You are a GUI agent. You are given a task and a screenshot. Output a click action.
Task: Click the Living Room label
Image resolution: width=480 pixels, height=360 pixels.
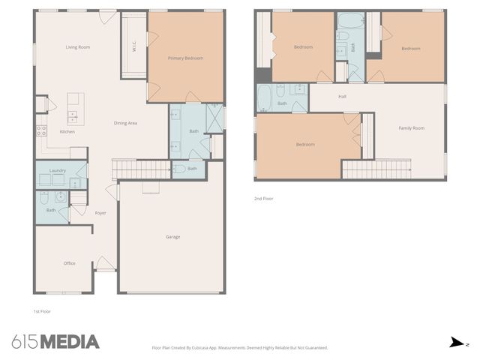[x=78, y=47]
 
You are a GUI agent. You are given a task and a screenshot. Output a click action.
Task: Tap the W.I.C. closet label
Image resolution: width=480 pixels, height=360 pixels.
[x=133, y=46]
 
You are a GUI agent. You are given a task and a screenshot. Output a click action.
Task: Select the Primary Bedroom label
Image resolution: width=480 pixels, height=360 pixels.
[x=185, y=58]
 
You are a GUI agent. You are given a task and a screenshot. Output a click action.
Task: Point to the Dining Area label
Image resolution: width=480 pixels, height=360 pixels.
[x=125, y=123]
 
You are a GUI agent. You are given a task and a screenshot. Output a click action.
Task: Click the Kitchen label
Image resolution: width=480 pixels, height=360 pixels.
[x=67, y=132]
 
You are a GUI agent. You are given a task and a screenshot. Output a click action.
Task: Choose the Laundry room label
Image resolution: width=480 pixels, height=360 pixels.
[x=58, y=171]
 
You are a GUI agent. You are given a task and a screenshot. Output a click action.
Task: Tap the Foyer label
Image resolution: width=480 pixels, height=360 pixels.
[x=100, y=213]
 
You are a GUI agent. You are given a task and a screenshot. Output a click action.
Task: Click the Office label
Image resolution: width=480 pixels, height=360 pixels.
[x=69, y=263]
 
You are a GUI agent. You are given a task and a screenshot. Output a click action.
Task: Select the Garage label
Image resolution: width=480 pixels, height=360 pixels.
[x=173, y=237]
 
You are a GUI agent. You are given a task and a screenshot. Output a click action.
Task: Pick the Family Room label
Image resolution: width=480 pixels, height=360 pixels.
[x=412, y=128]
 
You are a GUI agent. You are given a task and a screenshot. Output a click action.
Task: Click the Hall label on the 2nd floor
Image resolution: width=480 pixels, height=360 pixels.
[x=342, y=97]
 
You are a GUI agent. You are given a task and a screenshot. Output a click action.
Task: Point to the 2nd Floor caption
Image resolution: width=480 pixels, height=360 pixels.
[x=264, y=199]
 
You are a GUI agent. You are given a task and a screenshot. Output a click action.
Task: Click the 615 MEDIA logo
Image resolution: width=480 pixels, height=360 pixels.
[x=56, y=342]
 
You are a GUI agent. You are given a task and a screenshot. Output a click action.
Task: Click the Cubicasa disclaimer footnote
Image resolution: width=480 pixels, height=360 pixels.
[x=240, y=347]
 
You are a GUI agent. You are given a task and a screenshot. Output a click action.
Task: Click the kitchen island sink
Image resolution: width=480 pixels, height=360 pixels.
[x=73, y=115]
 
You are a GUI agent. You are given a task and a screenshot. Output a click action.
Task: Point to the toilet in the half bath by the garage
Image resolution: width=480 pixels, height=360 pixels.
[x=179, y=169]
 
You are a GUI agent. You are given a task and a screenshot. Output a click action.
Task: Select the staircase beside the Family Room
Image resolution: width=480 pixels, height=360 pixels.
[x=376, y=169]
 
